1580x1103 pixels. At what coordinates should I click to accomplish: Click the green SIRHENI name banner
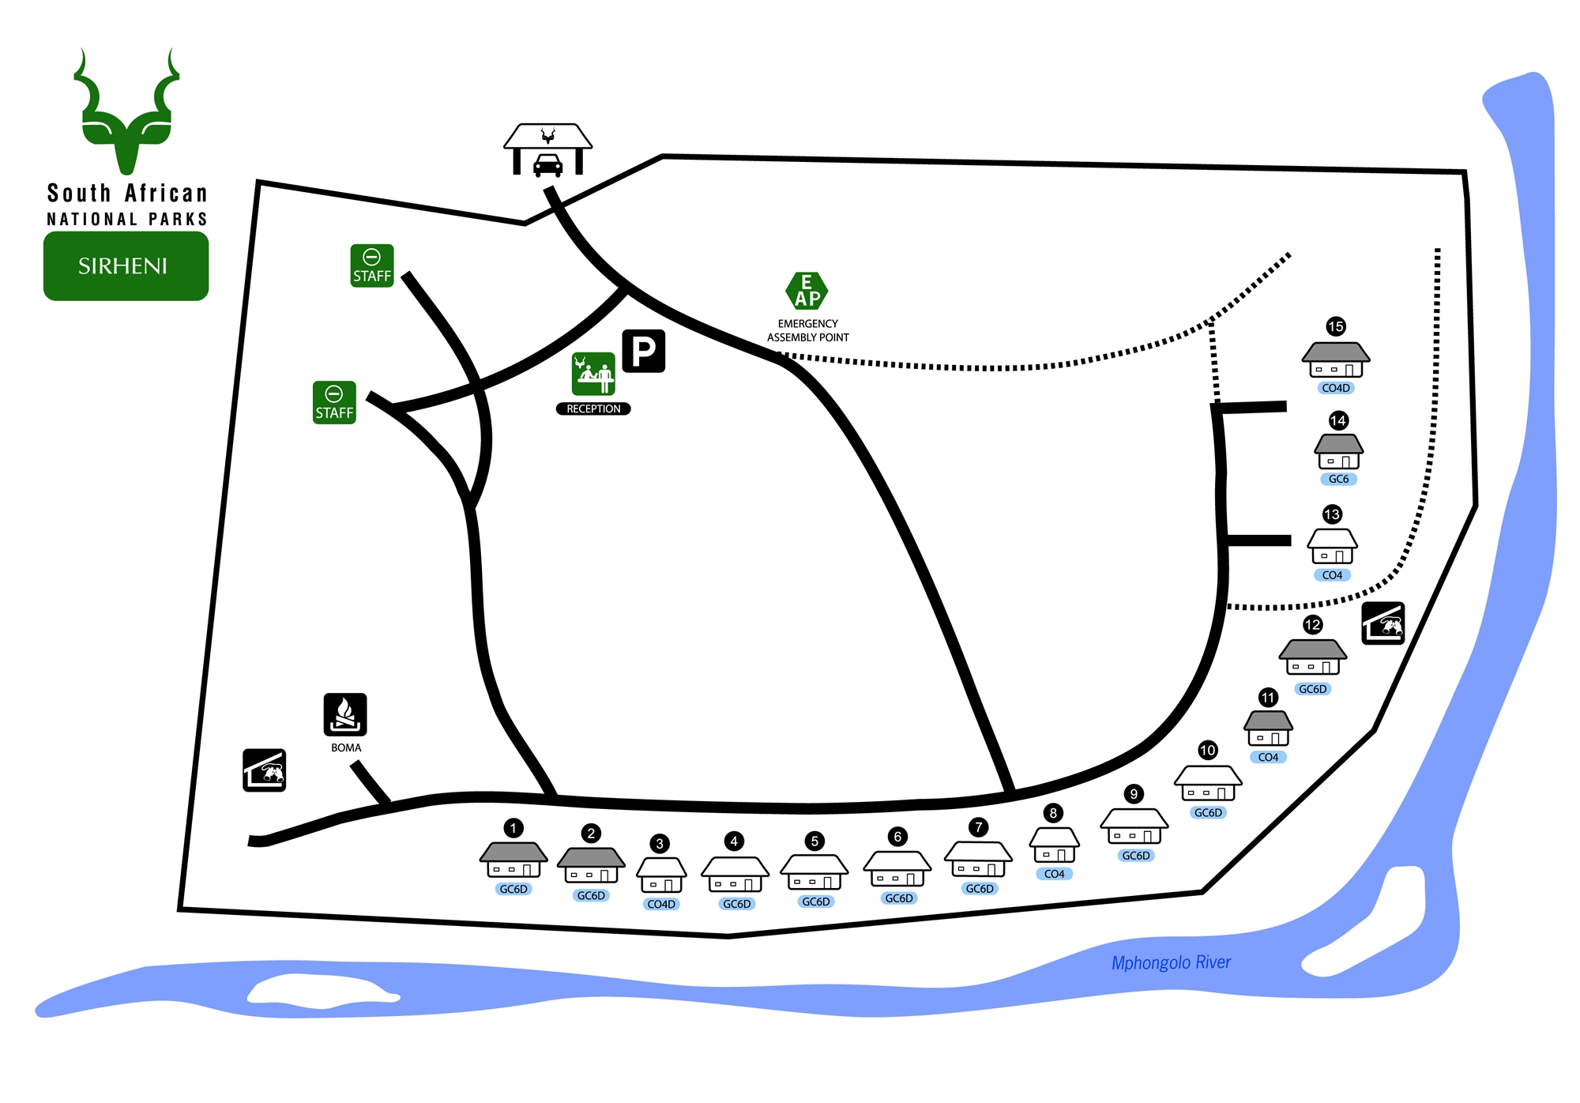tap(126, 265)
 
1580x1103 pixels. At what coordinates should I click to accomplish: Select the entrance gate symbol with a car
tap(547, 150)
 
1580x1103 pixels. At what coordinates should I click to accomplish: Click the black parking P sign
tap(644, 351)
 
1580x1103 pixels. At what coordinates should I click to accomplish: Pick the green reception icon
tap(593, 374)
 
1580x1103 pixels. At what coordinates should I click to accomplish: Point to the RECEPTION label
tap(593, 408)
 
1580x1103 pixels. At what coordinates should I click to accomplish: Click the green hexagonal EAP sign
tap(807, 291)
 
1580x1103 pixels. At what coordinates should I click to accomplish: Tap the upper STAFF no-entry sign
tap(371, 265)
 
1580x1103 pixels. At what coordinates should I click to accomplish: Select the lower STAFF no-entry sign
tap(334, 403)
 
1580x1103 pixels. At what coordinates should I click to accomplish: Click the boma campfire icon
tap(345, 714)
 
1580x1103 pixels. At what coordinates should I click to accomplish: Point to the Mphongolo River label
tap(1171, 962)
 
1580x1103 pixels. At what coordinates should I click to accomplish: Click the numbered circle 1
tap(513, 828)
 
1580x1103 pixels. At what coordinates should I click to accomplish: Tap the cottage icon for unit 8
tap(1054, 846)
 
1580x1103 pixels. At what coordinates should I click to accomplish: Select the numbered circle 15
tap(1336, 326)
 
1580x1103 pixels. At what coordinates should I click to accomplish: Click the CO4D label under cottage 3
tap(661, 904)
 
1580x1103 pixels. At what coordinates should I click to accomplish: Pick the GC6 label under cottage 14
tap(1338, 479)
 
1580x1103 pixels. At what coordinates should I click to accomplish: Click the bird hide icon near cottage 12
tap(1383, 623)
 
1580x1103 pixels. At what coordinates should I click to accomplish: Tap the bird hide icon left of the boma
tap(264, 770)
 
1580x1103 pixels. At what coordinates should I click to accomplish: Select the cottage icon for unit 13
tap(1332, 547)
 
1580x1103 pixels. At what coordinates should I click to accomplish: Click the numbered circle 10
tap(1208, 750)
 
